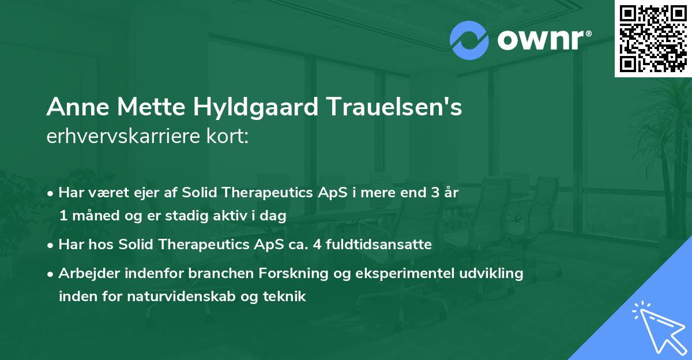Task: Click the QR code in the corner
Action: [653, 38]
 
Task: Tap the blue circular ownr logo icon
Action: [469, 40]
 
